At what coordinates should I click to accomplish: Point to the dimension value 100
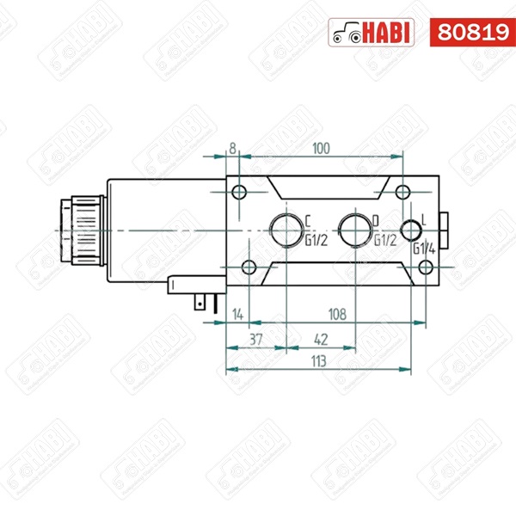click(x=321, y=149)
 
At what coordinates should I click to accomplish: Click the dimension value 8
click(x=232, y=149)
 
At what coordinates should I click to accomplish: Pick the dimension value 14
click(x=237, y=315)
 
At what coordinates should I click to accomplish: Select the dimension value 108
click(x=336, y=315)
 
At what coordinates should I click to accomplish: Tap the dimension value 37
click(x=255, y=339)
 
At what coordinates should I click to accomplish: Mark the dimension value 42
click(x=319, y=339)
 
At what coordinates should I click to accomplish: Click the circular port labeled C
click(x=284, y=229)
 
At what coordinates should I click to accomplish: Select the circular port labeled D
click(x=353, y=229)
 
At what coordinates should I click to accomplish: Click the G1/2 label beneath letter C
click(x=316, y=240)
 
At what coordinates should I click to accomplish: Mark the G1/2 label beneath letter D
click(x=384, y=240)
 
